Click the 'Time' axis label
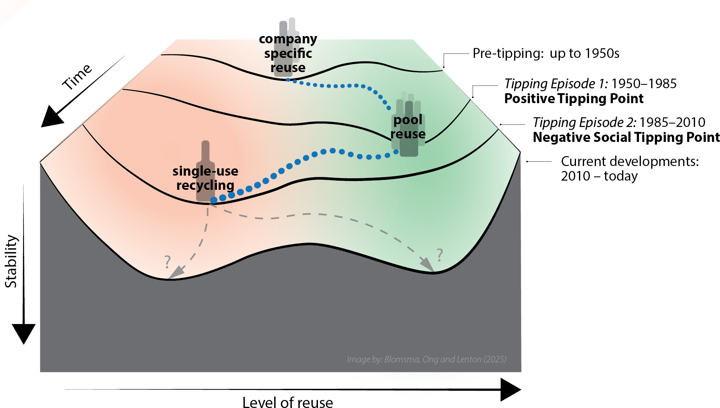(77, 77)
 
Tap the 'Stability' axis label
(11, 261)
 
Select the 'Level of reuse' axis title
(288, 402)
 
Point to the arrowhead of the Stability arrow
(24, 332)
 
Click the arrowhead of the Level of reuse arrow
(510, 390)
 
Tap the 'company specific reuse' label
(288, 53)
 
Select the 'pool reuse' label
(408, 127)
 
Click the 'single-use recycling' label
(205, 178)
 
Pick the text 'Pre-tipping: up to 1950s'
(546, 53)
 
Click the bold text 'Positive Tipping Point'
(574, 99)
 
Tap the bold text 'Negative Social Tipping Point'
(626, 137)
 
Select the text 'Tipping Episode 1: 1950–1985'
(590, 84)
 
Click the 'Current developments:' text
(630, 161)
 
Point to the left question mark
(167, 262)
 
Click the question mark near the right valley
(440, 255)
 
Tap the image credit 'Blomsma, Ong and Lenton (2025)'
(426, 359)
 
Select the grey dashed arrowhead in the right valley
(427, 264)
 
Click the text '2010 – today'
(599, 176)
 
